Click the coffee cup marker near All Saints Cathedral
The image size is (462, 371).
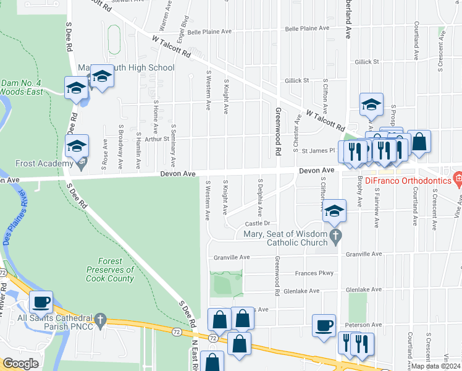[x=41, y=302]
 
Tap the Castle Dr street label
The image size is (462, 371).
[x=258, y=223]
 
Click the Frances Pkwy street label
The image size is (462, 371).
[x=314, y=273]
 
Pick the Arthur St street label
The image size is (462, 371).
[x=157, y=139]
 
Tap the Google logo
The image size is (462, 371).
[x=20, y=364]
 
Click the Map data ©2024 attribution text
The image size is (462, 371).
[x=435, y=366]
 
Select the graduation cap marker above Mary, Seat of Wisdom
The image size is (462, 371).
[x=334, y=211]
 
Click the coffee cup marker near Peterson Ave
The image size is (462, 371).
[x=324, y=325]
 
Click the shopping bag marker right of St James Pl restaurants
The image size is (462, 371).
[x=419, y=142]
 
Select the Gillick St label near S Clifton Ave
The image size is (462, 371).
[x=296, y=81]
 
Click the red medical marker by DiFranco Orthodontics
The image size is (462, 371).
[x=457, y=180]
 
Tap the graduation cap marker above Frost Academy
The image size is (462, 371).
[x=77, y=147]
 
